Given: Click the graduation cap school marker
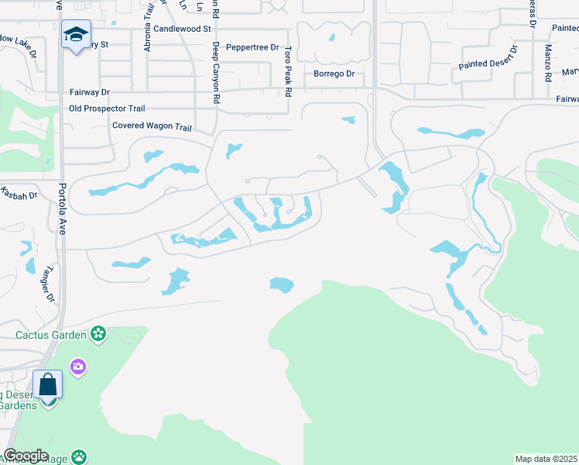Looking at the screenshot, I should click(x=77, y=34).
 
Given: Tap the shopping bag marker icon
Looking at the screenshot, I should click(x=48, y=384).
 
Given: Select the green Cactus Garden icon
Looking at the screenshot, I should click(x=98, y=334).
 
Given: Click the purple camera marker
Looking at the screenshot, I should click(x=77, y=366).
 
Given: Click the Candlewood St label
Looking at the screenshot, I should click(x=182, y=29).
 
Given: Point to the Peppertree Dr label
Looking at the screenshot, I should click(x=252, y=47).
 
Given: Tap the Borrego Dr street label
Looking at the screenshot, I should click(x=334, y=74).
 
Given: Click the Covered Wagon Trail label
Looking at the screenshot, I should click(x=152, y=126).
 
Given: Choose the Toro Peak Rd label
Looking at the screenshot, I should click(x=288, y=71).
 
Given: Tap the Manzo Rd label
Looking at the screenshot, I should click(x=547, y=63).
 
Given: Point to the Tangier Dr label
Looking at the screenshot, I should click(x=48, y=283).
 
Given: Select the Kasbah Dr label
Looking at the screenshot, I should click(x=19, y=194).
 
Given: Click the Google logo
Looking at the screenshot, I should click(x=26, y=456).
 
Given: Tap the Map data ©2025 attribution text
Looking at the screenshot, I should click(x=546, y=459).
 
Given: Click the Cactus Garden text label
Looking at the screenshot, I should click(x=53, y=335).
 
